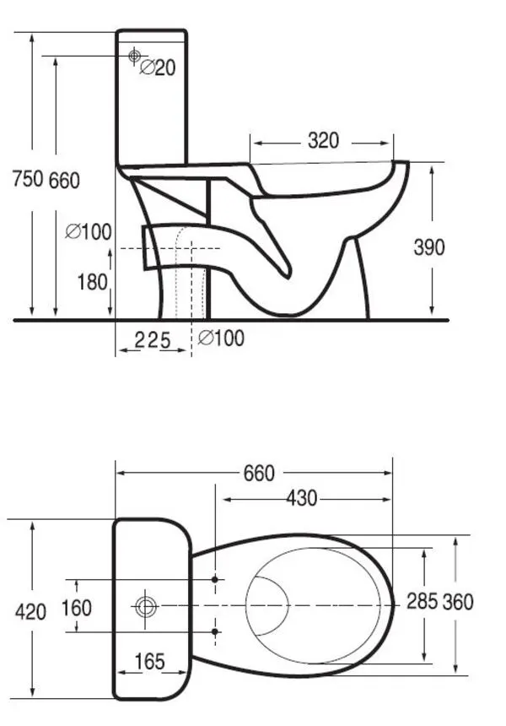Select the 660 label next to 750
[x=65, y=180]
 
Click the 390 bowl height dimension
[x=429, y=247]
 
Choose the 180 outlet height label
[x=93, y=281]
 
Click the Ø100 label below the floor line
[x=222, y=339]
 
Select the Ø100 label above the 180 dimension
[x=89, y=231]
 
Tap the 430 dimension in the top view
[x=300, y=498]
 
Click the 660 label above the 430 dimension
[x=258, y=474]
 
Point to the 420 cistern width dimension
[x=31, y=611]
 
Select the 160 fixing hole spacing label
[x=76, y=608]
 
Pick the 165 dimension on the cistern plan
[x=149, y=662]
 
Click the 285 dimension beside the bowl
[x=422, y=601]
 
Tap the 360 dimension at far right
[x=460, y=601]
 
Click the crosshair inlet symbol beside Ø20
[x=133, y=56]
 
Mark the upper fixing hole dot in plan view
[x=215, y=580]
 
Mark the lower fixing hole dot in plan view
[x=215, y=631]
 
